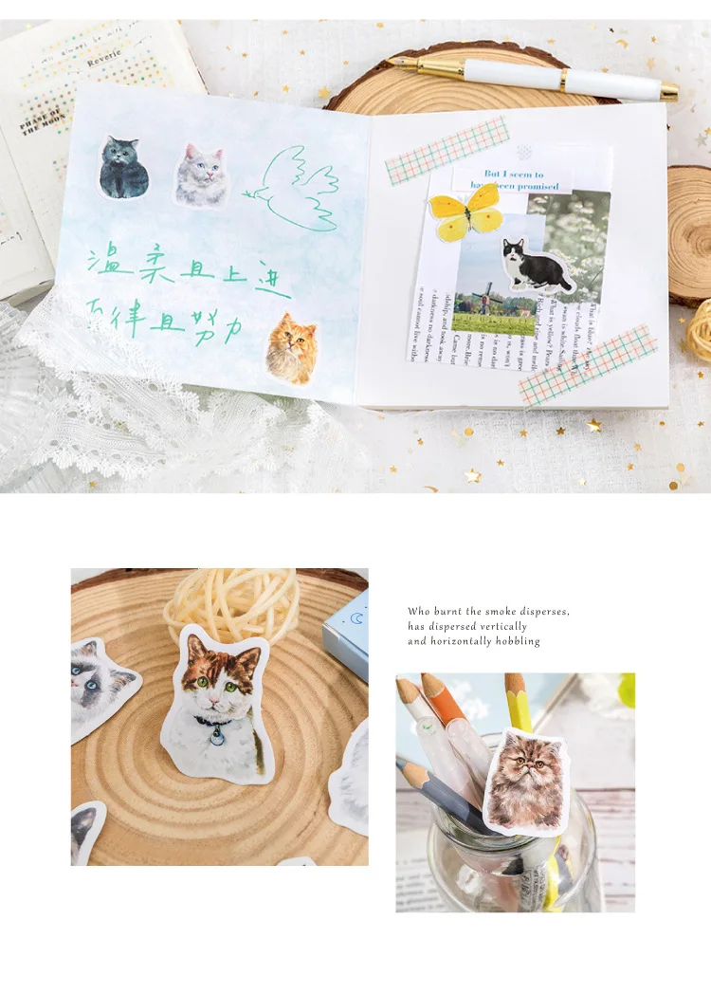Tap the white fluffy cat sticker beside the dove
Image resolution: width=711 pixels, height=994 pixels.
[x=201, y=174]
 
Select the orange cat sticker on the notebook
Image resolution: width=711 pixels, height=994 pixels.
[x=290, y=348]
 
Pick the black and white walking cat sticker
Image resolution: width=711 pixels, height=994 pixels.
[x=535, y=265]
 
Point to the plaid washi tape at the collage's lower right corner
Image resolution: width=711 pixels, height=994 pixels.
[x=589, y=364]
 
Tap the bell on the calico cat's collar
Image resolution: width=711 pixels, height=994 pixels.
[x=217, y=736]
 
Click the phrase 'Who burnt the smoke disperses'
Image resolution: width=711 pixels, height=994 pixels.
[x=488, y=612]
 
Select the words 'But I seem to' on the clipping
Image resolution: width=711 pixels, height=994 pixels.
[x=514, y=175]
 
